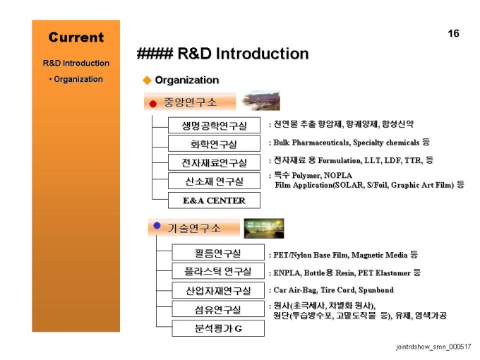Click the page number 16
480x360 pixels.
pyautogui.click(x=453, y=33)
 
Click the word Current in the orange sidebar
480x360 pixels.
pyautogui.click(x=76, y=37)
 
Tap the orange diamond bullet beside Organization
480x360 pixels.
pyautogui.click(x=148, y=80)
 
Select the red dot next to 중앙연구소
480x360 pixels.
pyautogui.click(x=153, y=104)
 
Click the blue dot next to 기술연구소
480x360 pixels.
pyautogui.click(x=157, y=226)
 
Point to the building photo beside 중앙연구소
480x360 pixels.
pyautogui.click(x=260, y=100)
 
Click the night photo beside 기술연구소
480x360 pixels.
pyautogui.click(x=264, y=229)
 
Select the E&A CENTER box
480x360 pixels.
pyautogui.click(x=214, y=200)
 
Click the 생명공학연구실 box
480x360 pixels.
pyautogui.click(x=214, y=125)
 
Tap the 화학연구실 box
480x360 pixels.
pyautogui.click(x=214, y=143)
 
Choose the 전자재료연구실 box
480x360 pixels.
pyautogui.click(x=214, y=162)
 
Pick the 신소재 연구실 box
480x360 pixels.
pyautogui.click(x=214, y=181)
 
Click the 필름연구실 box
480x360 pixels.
pyautogui.click(x=218, y=252)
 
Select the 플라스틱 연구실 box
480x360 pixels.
pyautogui.click(x=218, y=271)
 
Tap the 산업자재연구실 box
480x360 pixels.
pyautogui.click(x=218, y=290)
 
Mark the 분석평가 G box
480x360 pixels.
pyautogui.click(x=218, y=328)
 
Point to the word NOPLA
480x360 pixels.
pyautogui.click(x=338, y=175)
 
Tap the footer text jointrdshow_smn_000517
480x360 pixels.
pyautogui.click(x=433, y=347)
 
